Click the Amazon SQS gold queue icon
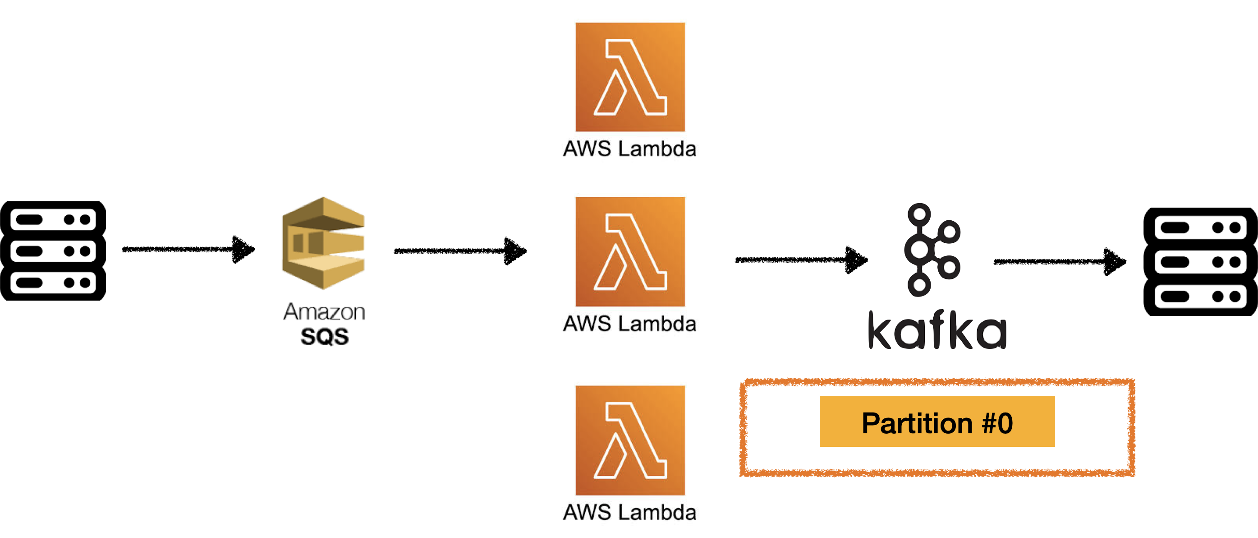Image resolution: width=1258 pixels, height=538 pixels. click(323, 243)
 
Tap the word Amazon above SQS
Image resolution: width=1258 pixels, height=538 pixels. click(324, 312)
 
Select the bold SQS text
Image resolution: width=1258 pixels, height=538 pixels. click(325, 337)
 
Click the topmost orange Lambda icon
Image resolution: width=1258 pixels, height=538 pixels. click(630, 77)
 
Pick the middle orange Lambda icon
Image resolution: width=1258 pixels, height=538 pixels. click(630, 252)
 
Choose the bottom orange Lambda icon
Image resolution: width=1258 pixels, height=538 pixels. click(630, 440)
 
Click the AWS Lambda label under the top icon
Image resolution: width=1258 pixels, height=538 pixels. click(629, 148)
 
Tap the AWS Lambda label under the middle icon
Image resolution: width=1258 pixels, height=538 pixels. click(629, 324)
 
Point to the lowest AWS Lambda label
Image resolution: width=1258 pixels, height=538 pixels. click(629, 512)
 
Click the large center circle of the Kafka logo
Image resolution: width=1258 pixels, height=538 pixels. click(919, 250)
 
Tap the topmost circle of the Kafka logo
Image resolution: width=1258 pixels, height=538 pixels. click(919, 214)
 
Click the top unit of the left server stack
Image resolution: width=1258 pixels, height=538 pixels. click(53, 219)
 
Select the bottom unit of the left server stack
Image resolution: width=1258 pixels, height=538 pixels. click(53, 283)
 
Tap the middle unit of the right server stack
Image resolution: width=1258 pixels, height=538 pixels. click(1200, 262)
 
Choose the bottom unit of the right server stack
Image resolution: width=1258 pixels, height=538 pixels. click(1200, 297)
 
